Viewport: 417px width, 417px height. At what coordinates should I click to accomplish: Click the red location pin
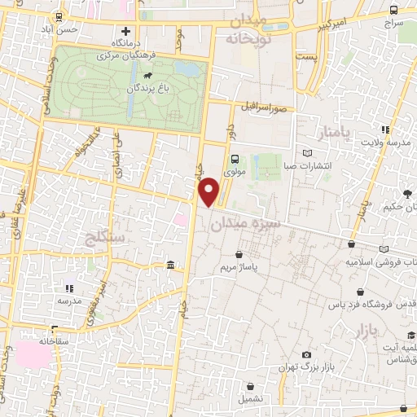click(x=210, y=191)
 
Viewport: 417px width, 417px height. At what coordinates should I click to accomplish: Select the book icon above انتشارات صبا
click(x=306, y=153)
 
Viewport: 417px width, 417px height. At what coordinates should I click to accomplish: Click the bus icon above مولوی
click(x=235, y=159)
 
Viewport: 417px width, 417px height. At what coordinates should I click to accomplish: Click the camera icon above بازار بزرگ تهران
click(x=305, y=355)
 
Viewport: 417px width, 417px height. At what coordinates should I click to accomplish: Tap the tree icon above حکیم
click(x=406, y=193)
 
